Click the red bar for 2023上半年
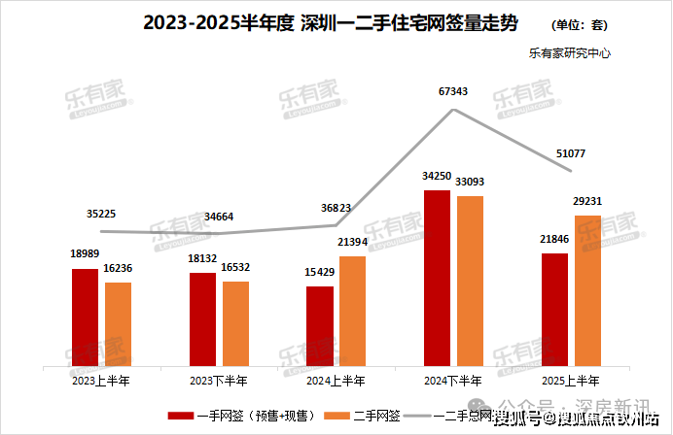(x=85, y=318)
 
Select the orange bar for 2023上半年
(x=118, y=324)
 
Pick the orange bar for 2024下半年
(x=470, y=282)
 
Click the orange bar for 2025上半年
(x=587, y=291)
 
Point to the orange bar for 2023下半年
(x=235, y=324)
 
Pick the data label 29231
(x=587, y=201)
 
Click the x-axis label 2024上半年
(x=336, y=381)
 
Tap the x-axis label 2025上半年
(x=571, y=381)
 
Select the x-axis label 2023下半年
(x=218, y=381)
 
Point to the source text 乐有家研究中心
(x=569, y=55)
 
